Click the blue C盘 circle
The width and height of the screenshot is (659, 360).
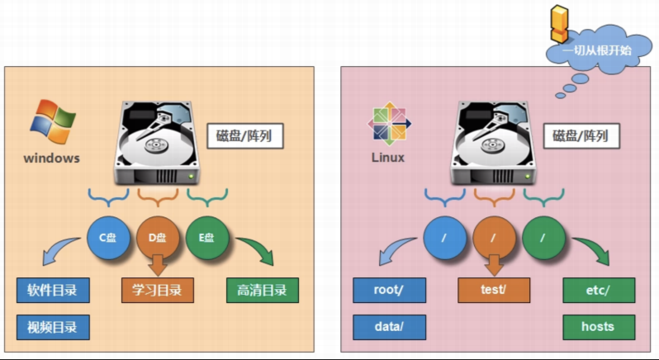pyautogui.click(x=108, y=238)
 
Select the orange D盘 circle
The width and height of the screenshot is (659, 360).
pyautogui.click(x=158, y=238)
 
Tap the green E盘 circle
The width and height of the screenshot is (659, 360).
pyautogui.click(x=207, y=238)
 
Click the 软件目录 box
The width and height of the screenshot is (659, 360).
pyautogui.click(x=53, y=291)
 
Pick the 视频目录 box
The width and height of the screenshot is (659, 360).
pyautogui.click(x=53, y=327)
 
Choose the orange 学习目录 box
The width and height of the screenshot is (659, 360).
pyautogui.click(x=158, y=291)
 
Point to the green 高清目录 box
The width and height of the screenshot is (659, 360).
pyautogui.click(x=263, y=291)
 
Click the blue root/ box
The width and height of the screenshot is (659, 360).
pyautogui.click(x=389, y=291)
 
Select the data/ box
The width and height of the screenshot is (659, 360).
pyautogui.click(x=389, y=327)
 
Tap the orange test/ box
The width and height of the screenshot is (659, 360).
pyautogui.click(x=494, y=291)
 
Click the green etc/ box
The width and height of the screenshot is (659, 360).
pyautogui.click(x=599, y=291)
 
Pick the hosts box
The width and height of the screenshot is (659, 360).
pyautogui.click(x=599, y=327)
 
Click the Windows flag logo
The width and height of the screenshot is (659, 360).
pyautogui.click(x=53, y=122)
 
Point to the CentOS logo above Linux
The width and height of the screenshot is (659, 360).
pyautogui.click(x=390, y=124)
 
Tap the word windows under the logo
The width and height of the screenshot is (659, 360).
pyautogui.click(x=52, y=159)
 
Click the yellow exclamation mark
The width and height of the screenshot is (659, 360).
pyautogui.click(x=559, y=24)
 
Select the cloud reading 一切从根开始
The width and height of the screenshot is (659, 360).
pyautogui.click(x=598, y=50)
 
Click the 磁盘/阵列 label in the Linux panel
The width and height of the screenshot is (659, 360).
pyautogui.click(x=581, y=136)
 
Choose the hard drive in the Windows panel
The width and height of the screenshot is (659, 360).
pyautogui.click(x=156, y=143)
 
